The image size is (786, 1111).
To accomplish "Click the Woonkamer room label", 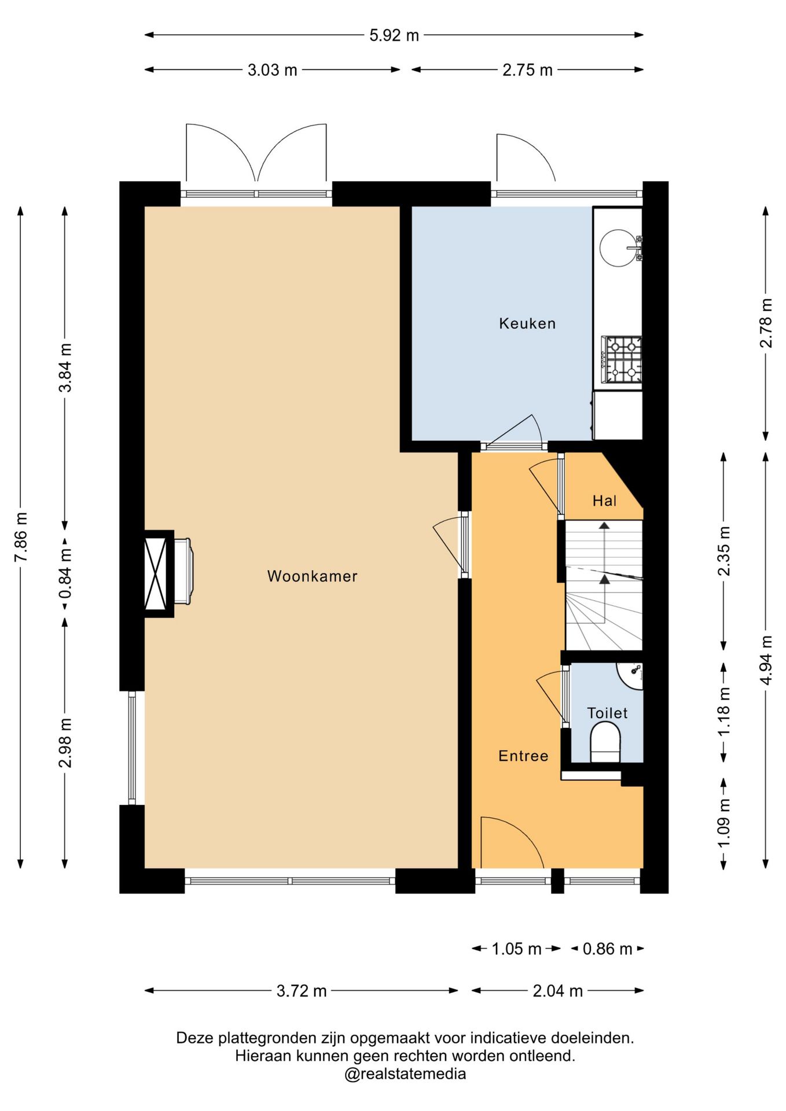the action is point(312,576).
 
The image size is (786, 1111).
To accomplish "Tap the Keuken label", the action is point(527,323).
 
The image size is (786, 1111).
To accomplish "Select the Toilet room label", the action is point(607,713).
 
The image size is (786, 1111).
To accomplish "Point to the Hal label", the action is point(604,501).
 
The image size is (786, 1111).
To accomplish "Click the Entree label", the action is point(523,756).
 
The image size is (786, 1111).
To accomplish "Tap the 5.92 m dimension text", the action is point(394,35).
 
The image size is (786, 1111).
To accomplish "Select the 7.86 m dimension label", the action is point(21,536).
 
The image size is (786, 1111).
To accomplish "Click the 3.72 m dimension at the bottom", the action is point(302,991).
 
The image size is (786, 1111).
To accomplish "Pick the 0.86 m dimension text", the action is point(607,949).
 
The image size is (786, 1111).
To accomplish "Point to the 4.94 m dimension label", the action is point(766,660).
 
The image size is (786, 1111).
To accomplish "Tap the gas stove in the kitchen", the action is point(622,359).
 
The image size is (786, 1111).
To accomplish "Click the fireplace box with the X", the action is point(158,573).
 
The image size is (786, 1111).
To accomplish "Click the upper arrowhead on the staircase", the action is point(604,525).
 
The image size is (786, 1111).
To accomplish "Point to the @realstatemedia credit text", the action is point(405,1075).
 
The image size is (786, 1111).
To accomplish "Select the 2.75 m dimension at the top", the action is point(527,70).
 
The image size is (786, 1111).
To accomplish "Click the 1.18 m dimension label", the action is point(724,712).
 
